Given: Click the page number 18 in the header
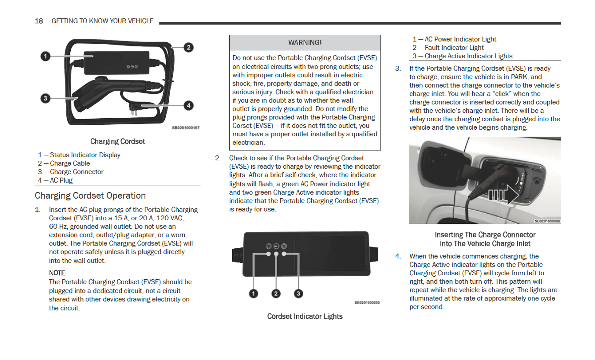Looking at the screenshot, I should pos(39,21).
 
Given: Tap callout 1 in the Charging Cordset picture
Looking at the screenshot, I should pos(46,56).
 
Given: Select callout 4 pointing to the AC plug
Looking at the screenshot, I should pos(188,106).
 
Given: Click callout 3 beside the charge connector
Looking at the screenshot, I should pos(46,98).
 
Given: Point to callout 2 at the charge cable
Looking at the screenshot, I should pos(188,47).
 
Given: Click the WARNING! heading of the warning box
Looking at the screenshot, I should pos(305,43).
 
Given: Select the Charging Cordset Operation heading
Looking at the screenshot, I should pos(90,196).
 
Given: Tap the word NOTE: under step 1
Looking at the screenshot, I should pos(57,273).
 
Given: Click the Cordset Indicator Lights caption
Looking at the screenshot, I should pos(305,316).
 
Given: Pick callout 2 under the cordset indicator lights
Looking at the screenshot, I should pos(276,294).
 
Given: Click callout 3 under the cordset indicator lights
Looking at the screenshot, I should pos(298,294).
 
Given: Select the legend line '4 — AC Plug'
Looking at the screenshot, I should pos(55,180).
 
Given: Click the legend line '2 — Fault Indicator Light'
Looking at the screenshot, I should pos(448,48).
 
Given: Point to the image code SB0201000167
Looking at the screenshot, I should pos(186,128).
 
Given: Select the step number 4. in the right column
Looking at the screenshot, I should pos(398,256).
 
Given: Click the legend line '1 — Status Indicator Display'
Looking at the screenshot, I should pos(79,155).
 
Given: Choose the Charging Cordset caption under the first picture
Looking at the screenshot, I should pos(117,141).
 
